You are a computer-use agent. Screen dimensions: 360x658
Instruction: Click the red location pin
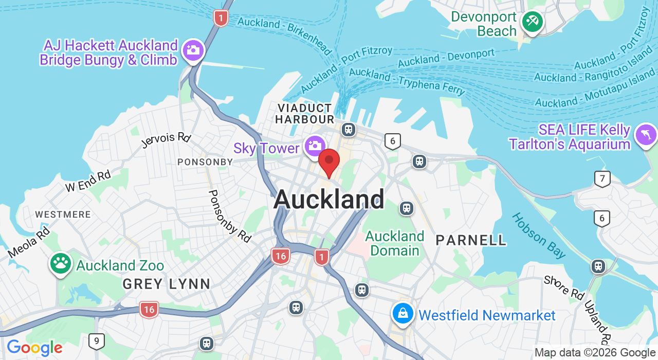point(329,161)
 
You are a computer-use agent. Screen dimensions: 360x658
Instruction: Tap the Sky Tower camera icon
point(315,146)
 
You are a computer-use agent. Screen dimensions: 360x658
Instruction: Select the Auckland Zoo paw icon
point(61,263)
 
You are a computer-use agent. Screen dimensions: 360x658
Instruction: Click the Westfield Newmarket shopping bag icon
point(403,313)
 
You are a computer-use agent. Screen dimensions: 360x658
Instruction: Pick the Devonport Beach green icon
point(532,22)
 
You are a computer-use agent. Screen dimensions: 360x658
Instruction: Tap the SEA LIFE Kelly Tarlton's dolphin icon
point(646,135)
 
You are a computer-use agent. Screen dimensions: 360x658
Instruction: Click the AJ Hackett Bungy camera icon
point(193,50)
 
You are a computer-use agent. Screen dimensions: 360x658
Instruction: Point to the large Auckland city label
point(329,199)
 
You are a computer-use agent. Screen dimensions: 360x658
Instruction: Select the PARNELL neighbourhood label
point(471,240)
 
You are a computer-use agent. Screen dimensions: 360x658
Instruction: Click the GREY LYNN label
point(167,284)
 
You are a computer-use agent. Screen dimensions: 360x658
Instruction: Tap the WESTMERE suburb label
point(63,214)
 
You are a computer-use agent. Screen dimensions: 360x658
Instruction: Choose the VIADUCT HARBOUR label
point(304,114)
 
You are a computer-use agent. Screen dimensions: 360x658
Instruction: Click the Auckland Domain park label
point(395,243)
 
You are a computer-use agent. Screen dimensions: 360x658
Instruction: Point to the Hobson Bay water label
point(538,236)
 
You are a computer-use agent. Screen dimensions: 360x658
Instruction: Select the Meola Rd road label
point(29,243)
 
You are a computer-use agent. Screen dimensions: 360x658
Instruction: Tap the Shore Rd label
point(564,287)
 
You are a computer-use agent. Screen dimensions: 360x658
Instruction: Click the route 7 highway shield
point(602,179)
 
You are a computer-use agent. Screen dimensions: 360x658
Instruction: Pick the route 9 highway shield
point(96,341)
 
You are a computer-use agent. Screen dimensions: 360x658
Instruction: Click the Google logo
point(34,348)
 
